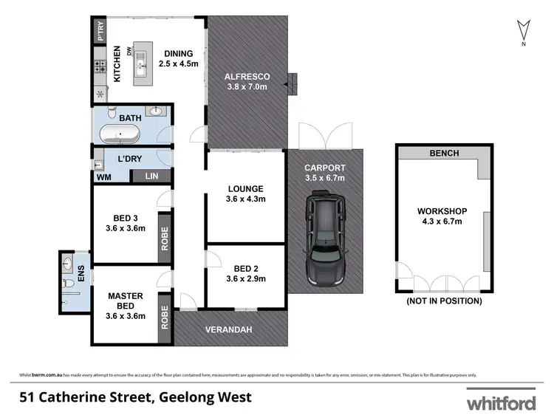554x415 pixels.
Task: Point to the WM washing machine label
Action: coord(103,176)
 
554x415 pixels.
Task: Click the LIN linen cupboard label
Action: coord(151,176)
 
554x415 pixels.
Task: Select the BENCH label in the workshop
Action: coord(444,154)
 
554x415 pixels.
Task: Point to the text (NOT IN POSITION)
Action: coord(444,301)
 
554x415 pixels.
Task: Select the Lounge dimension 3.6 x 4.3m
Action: coord(244,199)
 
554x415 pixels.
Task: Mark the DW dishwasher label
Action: coord(129,51)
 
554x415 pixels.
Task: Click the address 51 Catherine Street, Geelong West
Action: coord(136,397)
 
